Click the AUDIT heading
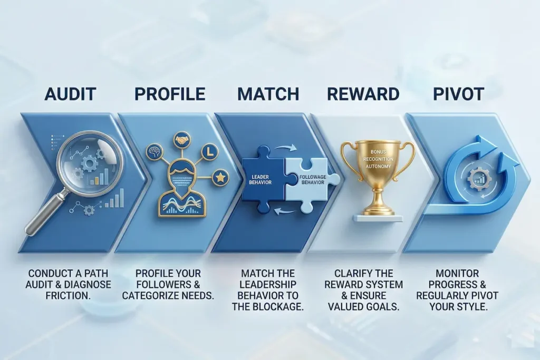pyautogui.click(x=70, y=94)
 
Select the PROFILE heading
pyautogui.click(x=169, y=94)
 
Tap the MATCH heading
pyautogui.click(x=268, y=94)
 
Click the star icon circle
pyautogui.click(x=220, y=178)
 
